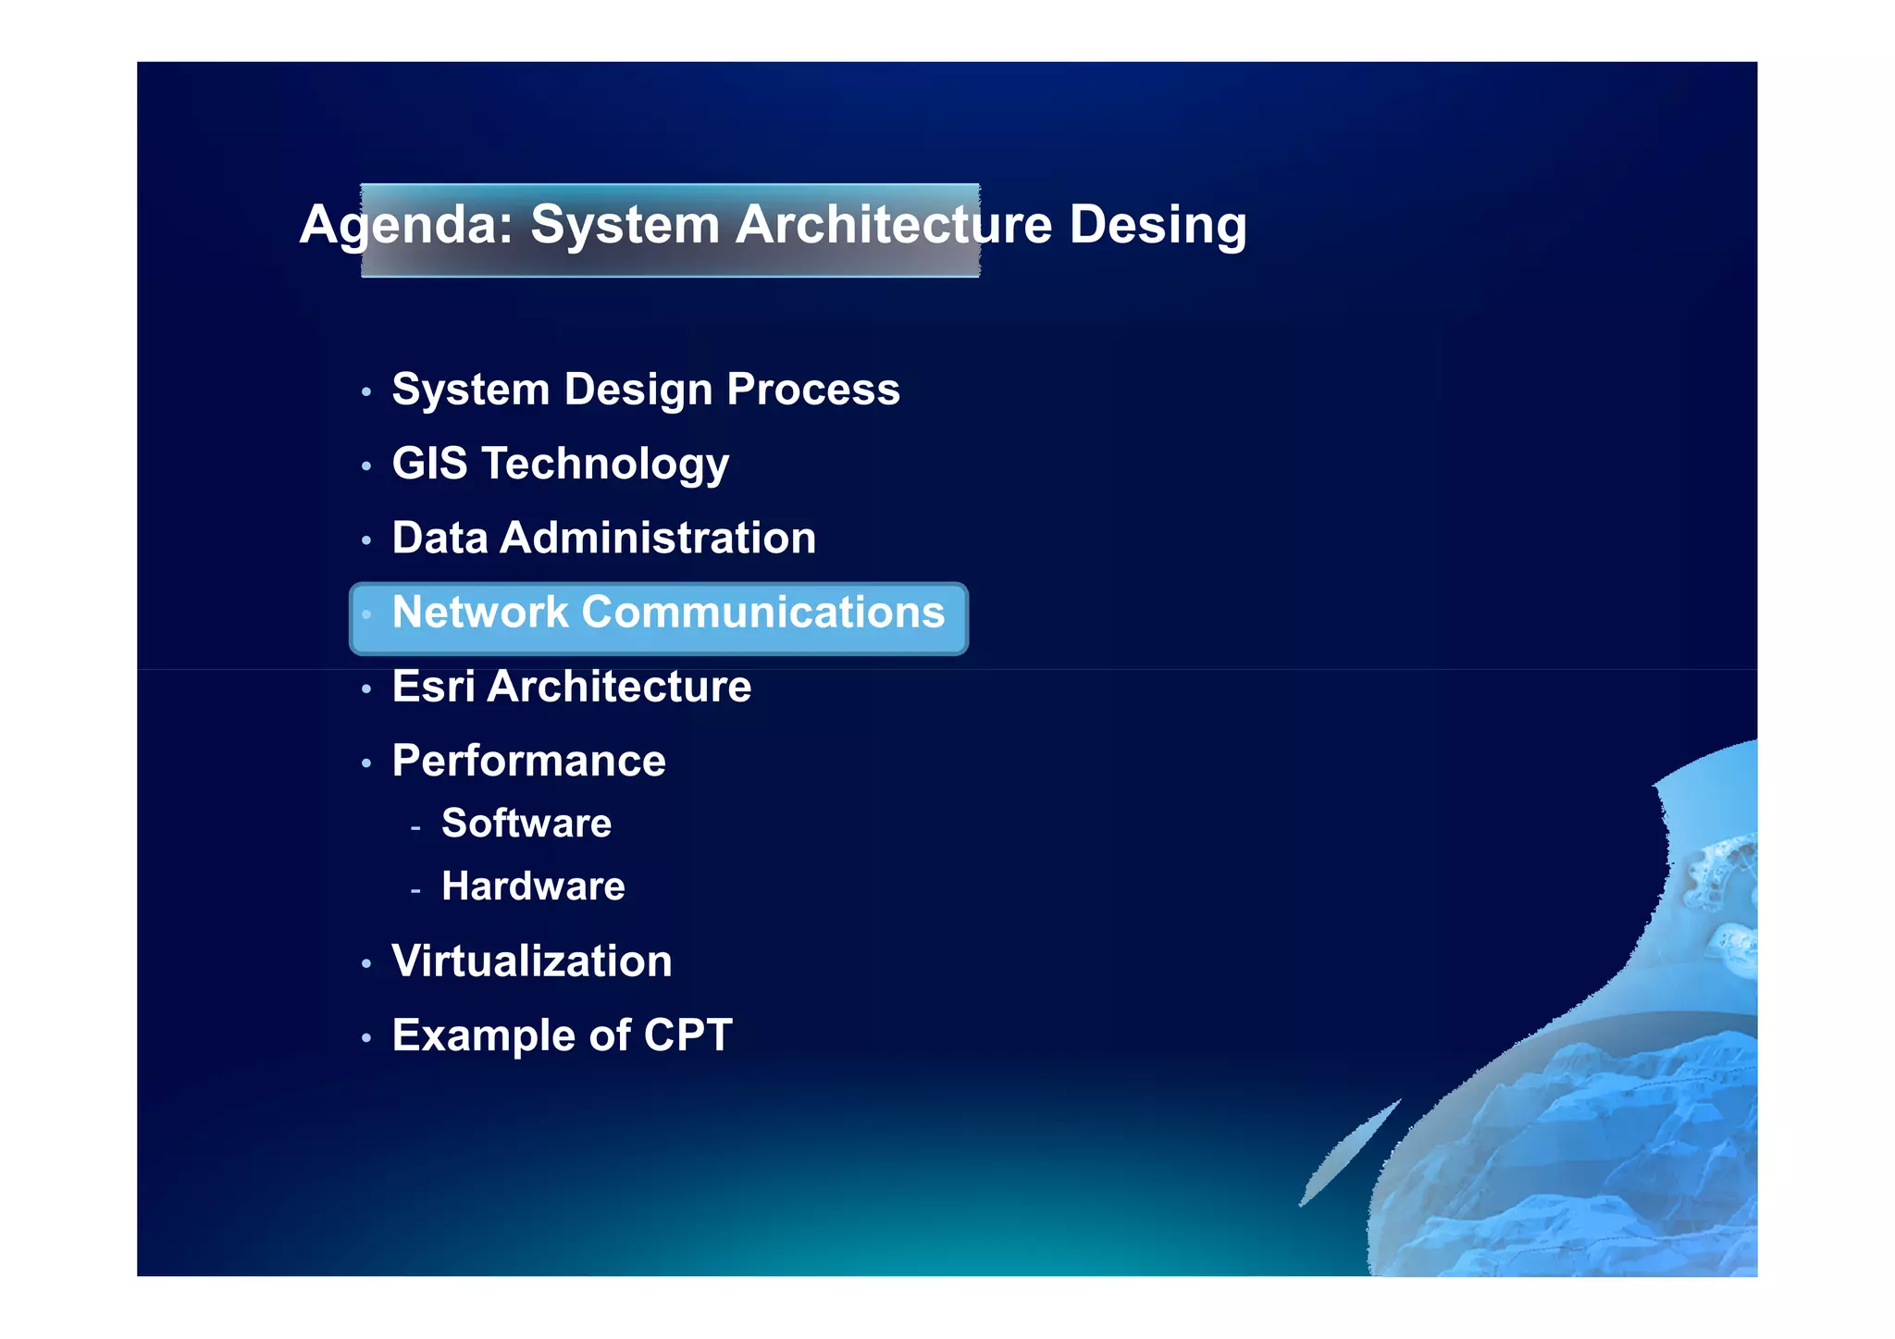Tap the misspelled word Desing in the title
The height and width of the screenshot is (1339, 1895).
(1158, 225)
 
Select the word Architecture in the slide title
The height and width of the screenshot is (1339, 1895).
(893, 225)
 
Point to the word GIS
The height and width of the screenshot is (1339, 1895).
(429, 463)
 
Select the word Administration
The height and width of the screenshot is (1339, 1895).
(658, 538)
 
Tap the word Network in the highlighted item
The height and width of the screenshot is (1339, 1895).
(479, 612)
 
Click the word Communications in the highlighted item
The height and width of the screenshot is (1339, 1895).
(763, 612)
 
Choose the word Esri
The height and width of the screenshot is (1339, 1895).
(433, 687)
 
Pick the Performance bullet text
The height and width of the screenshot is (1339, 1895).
(528, 761)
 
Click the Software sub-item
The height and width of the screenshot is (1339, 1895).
(526, 824)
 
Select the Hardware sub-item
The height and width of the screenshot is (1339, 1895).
(533, 886)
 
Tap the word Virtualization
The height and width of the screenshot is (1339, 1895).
(531, 961)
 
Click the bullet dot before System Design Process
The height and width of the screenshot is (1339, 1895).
(366, 392)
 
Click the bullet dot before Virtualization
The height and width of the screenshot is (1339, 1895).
(366, 964)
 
